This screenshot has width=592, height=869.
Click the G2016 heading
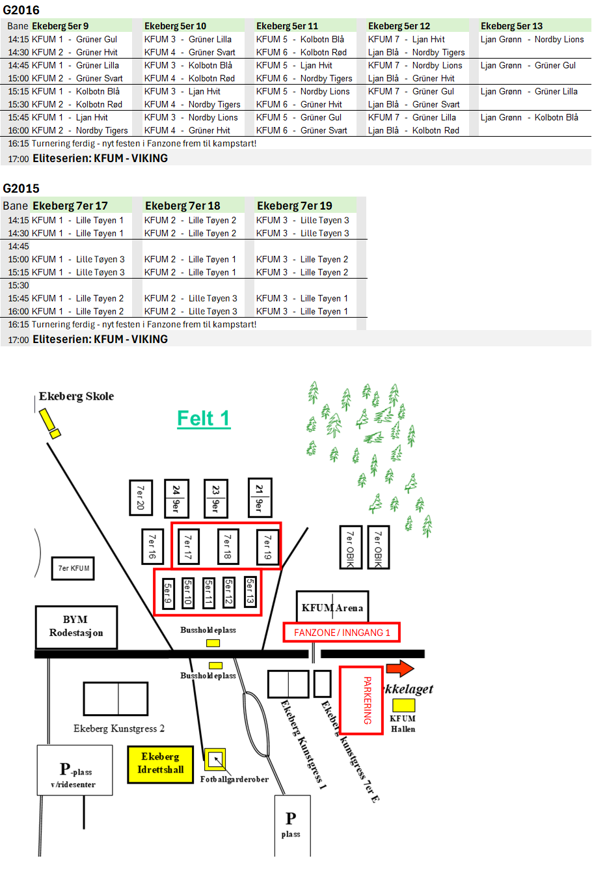[x=21, y=10]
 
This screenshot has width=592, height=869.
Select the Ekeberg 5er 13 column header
[x=511, y=26]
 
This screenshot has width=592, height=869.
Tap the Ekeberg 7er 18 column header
[x=182, y=206]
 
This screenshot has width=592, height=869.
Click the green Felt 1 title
[x=204, y=418]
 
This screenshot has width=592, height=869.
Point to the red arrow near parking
[x=399, y=669]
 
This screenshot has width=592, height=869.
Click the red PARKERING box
[x=362, y=700]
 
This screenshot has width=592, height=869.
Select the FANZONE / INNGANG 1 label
[x=342, y=632]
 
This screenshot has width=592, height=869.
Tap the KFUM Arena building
[x=332, y=607]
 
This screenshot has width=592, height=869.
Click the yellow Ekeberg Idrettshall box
[x=161, y=763]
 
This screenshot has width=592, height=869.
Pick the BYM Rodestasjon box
[x=76, y=626]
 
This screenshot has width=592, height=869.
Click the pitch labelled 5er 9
[x=168, y=593]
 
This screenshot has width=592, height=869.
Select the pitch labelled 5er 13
[x=250, y=592]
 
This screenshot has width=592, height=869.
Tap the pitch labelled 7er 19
[x=267, y=546]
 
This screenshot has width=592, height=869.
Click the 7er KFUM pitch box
[x=74, y=568]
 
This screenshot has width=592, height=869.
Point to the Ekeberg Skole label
[x=76, y=396]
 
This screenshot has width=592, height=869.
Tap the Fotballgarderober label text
[x=234, y=779]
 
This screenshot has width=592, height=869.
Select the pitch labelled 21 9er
[x=260, y=497]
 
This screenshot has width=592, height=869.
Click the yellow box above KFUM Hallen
[x=403, y=705]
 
